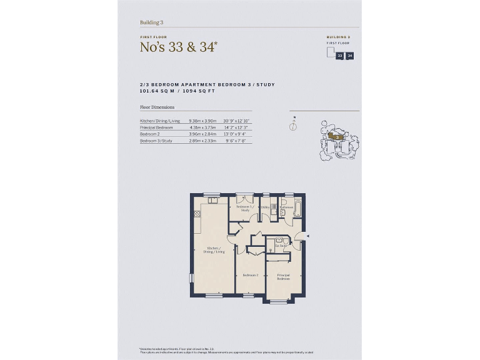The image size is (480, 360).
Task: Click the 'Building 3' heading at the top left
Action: (x=151, y=22)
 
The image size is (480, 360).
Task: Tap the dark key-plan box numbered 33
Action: (x=340, y=56)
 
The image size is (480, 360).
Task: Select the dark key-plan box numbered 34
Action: (x=350, y=56)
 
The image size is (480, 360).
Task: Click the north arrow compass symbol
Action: (x=292, y=125)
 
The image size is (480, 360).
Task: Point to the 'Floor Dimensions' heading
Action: (x=157, y=107)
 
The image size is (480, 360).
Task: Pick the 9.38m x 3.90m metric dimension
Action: (x=202, y=120)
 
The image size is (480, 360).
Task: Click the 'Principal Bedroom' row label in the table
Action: (x=156, y=127)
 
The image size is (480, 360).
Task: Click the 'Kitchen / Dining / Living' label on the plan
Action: (x=214, y=249)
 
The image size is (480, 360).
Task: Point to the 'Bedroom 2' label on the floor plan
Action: (x=251, y=275)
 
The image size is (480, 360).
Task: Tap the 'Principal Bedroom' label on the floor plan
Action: (x=284, y=276)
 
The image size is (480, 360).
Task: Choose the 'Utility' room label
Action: (x=265, y=207)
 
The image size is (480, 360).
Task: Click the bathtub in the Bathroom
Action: (x=297, y=207)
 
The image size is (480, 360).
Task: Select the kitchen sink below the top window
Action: (x=212, y=200)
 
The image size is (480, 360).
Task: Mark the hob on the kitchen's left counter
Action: (x=197, y=214)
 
